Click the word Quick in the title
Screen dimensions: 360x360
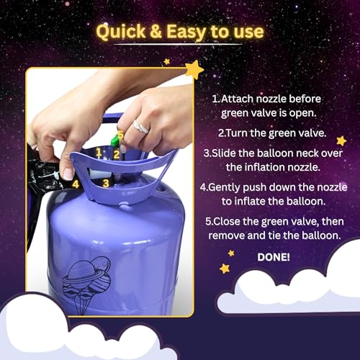(x=123, y=32)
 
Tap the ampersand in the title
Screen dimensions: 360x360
(x=163, y=32)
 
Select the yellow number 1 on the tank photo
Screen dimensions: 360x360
(x=99, y=152)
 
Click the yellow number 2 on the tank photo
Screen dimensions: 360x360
(x=116, y=153)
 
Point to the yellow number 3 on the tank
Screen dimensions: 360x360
(x=105, y=183)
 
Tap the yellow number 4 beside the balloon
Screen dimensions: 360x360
(x=76, y=184)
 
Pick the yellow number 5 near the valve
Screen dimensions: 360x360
(x=120, y=135)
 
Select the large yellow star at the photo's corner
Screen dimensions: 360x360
(x=194, y=69)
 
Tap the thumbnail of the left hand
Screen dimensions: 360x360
(x=68, y=173)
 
